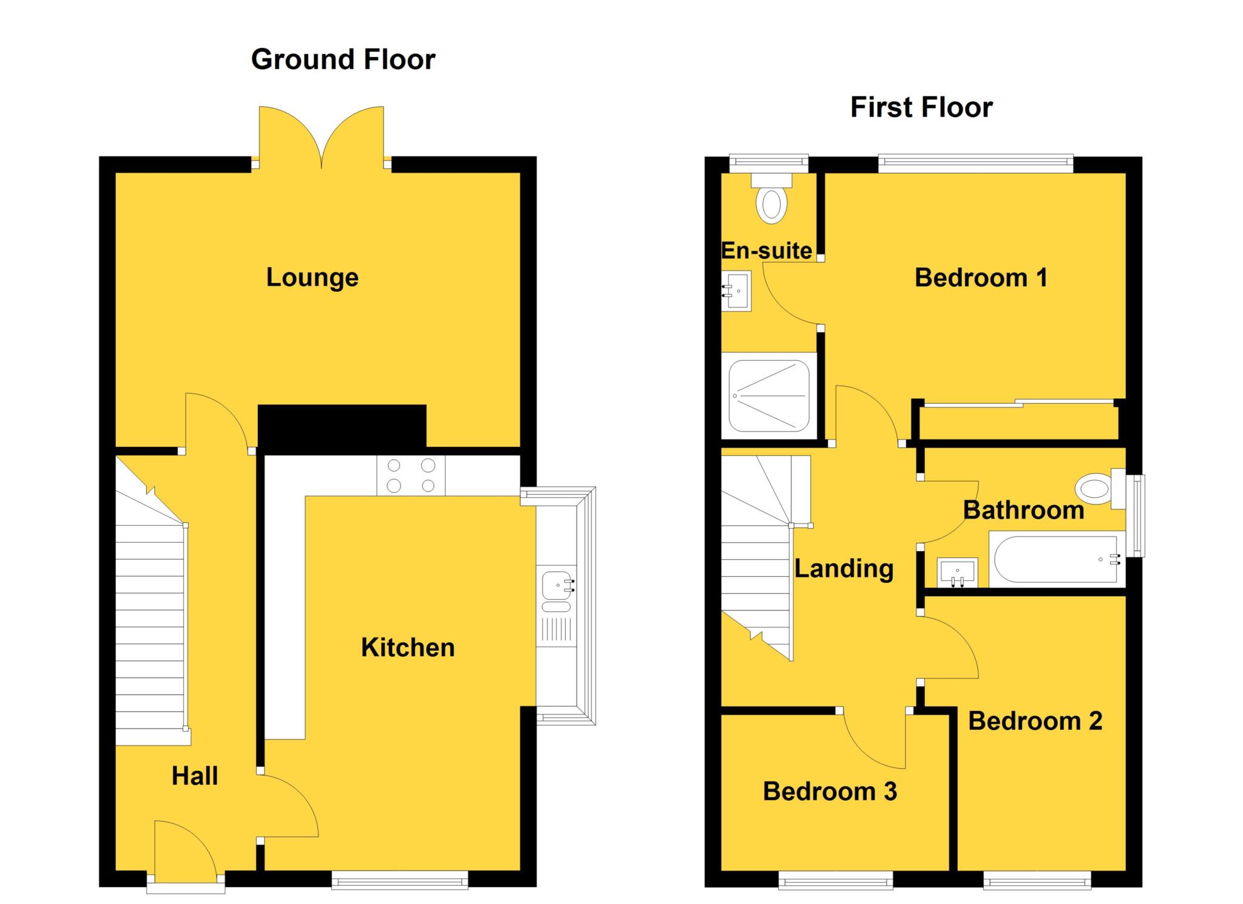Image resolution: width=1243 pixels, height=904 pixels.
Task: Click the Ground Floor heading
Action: click(343, 59)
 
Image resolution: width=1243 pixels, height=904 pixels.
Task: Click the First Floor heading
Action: click(921, 107)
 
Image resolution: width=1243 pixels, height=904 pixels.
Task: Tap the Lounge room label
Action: click(312, 277)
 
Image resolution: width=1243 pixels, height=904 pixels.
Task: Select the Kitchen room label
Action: click(407, 647)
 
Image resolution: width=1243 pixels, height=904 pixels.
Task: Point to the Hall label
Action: click(194, 776)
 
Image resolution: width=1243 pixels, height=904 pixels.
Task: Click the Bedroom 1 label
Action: click(981, 277)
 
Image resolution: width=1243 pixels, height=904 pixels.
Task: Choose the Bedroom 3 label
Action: click(829, 791)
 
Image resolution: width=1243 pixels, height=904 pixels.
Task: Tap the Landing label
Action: click(844, 569)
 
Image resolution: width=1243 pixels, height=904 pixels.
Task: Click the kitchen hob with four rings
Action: click(411, 475)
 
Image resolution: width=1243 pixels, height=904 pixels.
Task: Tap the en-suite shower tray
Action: click(769, 395)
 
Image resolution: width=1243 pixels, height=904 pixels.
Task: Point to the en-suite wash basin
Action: click(736, 291)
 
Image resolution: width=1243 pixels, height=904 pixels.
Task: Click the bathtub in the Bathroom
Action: click(1057, 560)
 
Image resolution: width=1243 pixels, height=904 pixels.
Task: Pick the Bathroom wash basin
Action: click(957, 572)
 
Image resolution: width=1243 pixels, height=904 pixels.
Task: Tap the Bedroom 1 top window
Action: click(975, 161)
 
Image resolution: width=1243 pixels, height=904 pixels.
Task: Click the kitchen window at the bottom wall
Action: click(399, 880)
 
